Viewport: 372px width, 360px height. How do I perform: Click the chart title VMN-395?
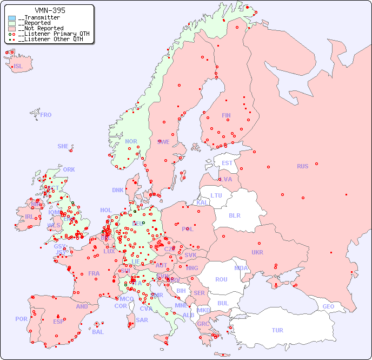pos(50,10)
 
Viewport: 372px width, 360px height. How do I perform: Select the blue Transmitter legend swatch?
pos(12,18)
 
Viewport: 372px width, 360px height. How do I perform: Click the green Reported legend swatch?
pos(12,23)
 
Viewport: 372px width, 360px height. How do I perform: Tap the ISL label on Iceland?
pos(18,67)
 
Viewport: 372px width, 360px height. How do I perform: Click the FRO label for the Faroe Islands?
pos(46,115)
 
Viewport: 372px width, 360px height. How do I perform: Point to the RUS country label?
pos(302,166)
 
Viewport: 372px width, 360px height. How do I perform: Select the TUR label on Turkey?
pos(277,330)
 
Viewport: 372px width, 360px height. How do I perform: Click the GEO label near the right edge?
pos(328,306)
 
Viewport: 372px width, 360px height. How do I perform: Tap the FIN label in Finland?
pos(226,115)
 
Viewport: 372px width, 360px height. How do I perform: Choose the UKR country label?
pos(257,252)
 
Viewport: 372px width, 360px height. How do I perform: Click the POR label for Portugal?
pos(21,319)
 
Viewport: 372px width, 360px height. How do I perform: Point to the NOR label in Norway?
pos(131,141)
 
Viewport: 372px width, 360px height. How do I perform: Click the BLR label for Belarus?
pos(234,215)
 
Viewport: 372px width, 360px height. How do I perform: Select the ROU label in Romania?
pos(221,279)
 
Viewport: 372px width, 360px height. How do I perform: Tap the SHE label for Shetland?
pos(63,146)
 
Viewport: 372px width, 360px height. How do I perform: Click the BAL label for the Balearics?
pos(97,332)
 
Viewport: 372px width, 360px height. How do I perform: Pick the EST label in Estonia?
pos(227,163)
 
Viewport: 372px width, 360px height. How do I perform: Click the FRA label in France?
pos(94,273)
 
